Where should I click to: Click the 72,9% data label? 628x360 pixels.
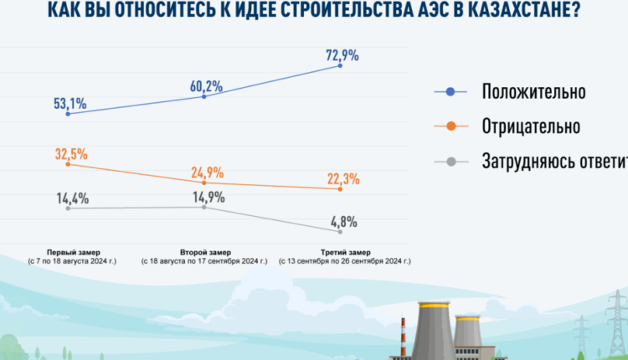[x=342, y=56]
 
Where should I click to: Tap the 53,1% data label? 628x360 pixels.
[x=69, y=105]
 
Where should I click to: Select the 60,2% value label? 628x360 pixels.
[x=205, y=86]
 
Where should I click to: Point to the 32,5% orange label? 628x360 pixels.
[x=69, y=154]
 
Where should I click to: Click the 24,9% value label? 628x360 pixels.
[x=205, y=173]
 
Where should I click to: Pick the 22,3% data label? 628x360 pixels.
[x=342, y=178]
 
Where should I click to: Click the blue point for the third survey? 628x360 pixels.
[x=341, y=65]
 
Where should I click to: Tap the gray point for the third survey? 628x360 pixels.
[x=341, y=231]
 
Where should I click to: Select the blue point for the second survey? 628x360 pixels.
[x=205, y=96]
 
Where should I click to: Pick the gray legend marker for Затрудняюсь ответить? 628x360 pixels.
[x=450, y=160]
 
